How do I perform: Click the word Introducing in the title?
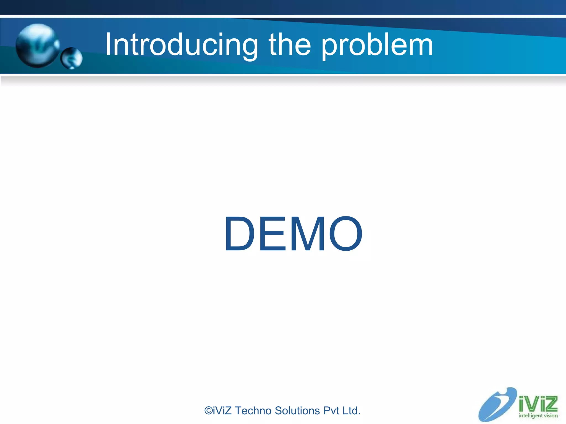[x=181, y=45]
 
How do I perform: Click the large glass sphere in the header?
[x=37, y=46]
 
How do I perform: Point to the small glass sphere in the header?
[x=72, y=58]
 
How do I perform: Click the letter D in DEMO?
[x=239, y=234]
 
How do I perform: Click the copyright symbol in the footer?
[x=208, y=411]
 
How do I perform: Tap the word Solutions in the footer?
[x=297, y=411]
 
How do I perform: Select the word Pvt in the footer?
[x=331, y=411]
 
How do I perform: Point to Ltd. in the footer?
[x=351, y=411]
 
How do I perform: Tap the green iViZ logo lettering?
[x=538, y=404]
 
